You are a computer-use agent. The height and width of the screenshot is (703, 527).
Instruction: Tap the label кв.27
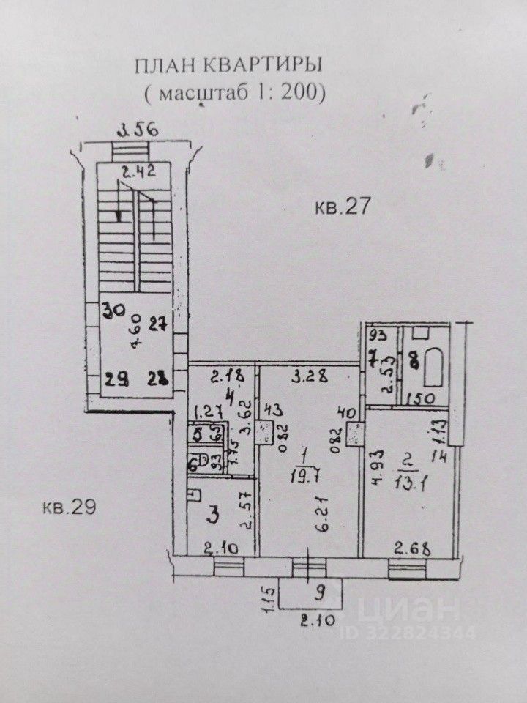[339, 207]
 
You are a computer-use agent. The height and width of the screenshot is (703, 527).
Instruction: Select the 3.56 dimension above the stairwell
[139, 132]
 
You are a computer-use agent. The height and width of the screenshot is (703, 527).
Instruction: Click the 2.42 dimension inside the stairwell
[138, 174]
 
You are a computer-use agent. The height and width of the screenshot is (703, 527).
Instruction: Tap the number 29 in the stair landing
[113, 379]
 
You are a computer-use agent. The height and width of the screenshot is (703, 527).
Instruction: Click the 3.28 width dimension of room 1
[307, 378]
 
